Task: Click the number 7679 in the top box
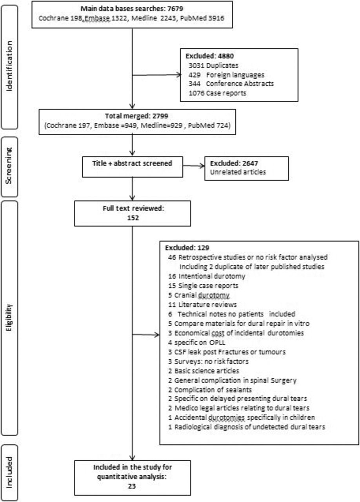click(x=175, y=9)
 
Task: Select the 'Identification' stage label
click(x=9, y=66)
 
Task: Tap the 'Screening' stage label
click(x=9, y=166)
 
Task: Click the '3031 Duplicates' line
click(x=213, y=65)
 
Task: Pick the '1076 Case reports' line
click(x=217, y=93)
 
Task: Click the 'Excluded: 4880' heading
click(x=209, y=56)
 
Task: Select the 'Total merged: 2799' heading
click(x=136, y=116)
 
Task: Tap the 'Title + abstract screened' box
click(x=132, y=167)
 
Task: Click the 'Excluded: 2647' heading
click(x=234, y=163)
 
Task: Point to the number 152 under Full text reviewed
click(x=133, y=218)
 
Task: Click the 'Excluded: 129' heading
click(x=187, y=247)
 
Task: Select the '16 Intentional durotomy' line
click(x=207, y=276)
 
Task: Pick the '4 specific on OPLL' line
click(x=196, y=342)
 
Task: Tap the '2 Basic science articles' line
click(x=204, y=371)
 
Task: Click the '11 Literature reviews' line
click(x=202, y=305)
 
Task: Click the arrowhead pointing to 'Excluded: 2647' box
click(x=202, y=166)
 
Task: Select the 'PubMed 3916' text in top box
click(x=202, y=18)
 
